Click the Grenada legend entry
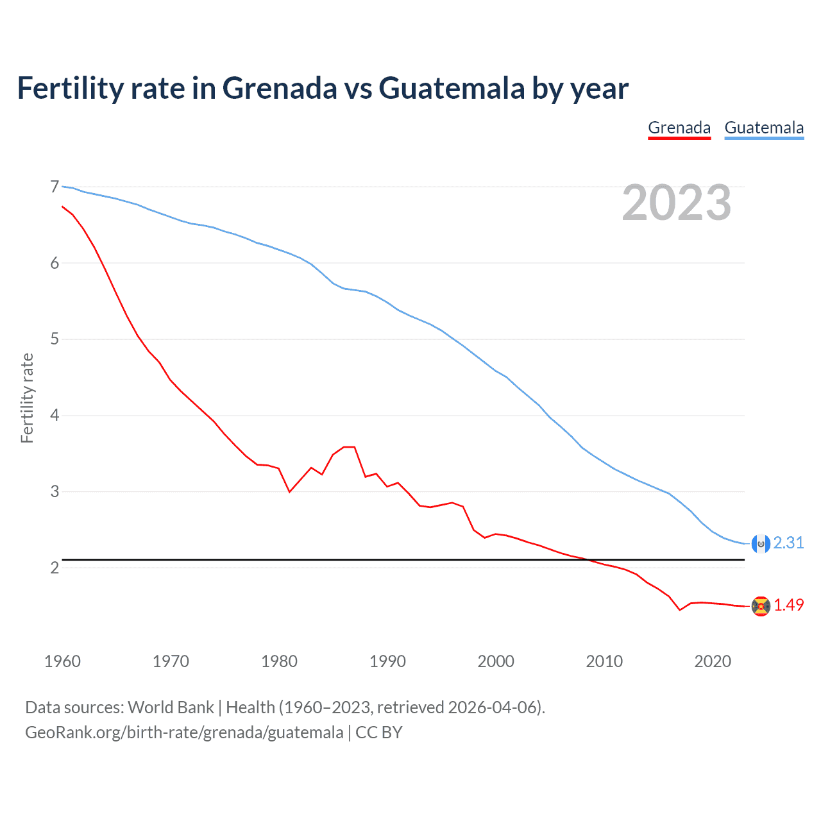[679, 128]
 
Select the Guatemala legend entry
[764, 128]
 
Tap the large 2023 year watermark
[677, 203]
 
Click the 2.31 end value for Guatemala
[788, 543]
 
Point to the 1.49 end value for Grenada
[788, 605]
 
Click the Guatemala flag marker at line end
[760, 544]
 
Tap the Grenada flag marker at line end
[761, 606]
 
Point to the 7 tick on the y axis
[55, 187]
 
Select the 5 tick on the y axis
[55, 339]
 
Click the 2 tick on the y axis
[55, 568]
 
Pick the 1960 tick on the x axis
[62, 661]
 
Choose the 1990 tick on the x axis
[387, 661]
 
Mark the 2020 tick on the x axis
[713, 661]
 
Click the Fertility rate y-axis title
[27, 398]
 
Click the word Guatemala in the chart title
[452, 88]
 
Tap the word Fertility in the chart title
[69, 88]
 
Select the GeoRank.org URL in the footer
[184, 732]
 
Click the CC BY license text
[378, 732]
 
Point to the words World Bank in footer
[171, 707]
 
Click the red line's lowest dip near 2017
[680, 610]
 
